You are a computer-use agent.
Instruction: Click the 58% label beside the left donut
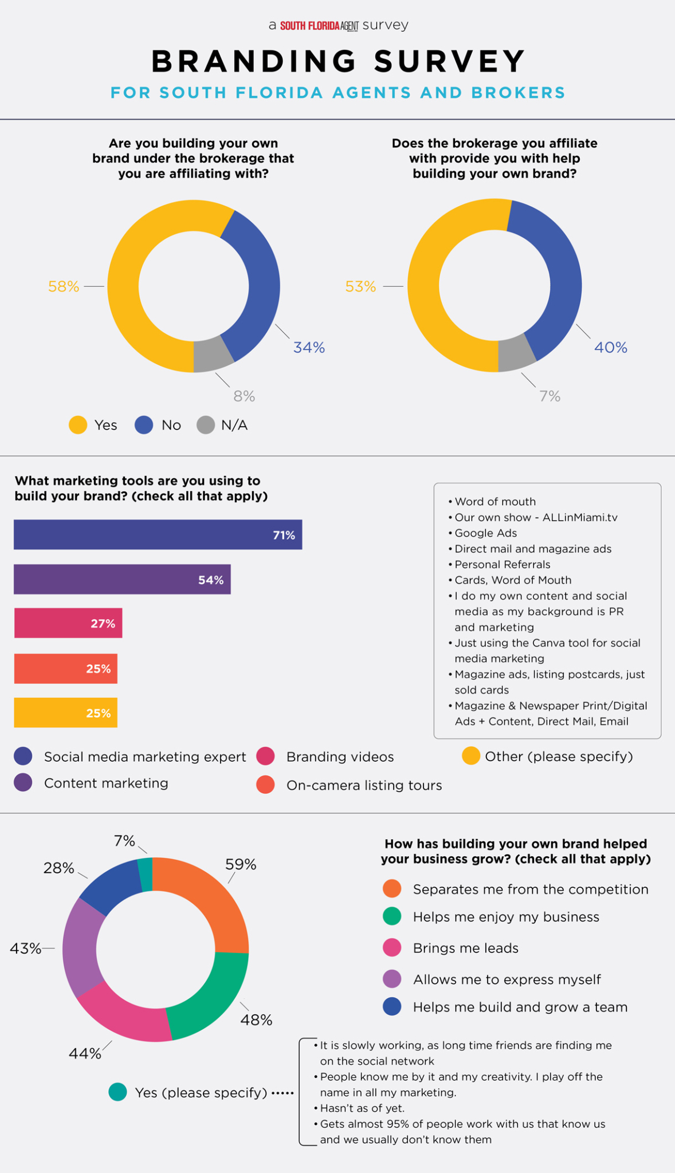click(x=64, y=286)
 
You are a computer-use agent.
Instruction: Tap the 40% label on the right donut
click(x=610, y=348)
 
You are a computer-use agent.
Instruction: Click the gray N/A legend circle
click(x=205, y=425)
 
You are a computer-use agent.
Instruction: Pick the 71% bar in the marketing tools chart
click(x=158, y=534)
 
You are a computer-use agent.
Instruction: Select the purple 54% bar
click(x=122, y=579)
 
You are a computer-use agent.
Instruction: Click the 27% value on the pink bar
click(x=103, y=624)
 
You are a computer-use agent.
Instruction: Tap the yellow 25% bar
click(x=65, y=713)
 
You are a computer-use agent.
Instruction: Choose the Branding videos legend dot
click(x=266, y=756)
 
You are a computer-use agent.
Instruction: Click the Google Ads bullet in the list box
click(x=485, y=533)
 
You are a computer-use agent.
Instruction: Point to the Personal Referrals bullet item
click(x=502, y=565)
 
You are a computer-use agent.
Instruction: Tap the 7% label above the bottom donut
click(x=124, y=841)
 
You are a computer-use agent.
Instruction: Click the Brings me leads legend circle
click(x=392, y=948)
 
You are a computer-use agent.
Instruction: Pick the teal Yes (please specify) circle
click(x=117, y=1092)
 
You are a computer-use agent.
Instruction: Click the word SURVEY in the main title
click(x=450, y=61)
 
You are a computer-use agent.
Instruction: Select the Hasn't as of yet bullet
click(x=362, y=1108)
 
